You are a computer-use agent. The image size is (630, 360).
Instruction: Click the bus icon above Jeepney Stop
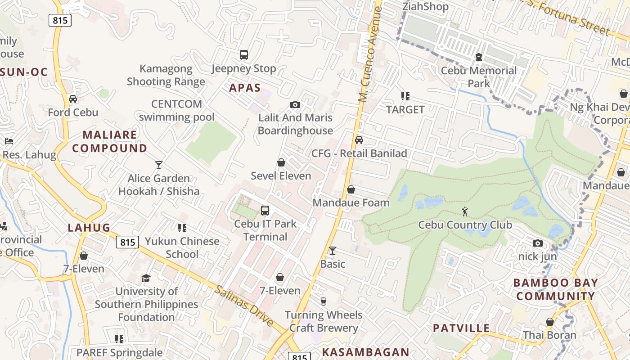pos(244,55)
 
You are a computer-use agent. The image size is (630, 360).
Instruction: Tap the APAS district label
pos(245,87)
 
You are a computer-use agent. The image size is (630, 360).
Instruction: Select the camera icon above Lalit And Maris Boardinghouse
pos(295,104)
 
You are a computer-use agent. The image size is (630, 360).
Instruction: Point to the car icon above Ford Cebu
pos(73,99)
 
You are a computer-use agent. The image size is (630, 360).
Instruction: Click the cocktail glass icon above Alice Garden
pos(158,165)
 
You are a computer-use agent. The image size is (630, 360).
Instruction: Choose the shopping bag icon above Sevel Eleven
pos(281,162)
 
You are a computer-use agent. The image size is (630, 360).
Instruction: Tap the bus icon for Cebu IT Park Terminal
pos(265,210)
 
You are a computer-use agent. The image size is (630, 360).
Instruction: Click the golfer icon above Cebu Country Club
pos(465,211)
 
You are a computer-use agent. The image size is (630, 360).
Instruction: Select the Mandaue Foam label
pos(351,202)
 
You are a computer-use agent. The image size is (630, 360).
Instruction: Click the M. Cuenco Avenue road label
pos(369,54)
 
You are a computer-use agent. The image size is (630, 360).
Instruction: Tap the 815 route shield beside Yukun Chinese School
pos(128,242)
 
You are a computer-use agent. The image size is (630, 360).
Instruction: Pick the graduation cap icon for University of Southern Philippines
pos(146,278)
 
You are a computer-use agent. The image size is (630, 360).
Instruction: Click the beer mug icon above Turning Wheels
pos(323,301)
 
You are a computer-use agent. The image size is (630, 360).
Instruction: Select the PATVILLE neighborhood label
pos(461,328)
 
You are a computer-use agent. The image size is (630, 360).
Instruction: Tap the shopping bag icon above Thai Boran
pos(549,322)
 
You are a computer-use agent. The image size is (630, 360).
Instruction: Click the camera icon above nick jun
pos(537,243)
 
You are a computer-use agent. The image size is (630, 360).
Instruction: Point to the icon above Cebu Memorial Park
pos(479,57)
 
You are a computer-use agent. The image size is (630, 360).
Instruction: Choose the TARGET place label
pos(405,109)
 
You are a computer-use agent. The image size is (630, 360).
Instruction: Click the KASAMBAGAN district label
pos(366,352)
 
